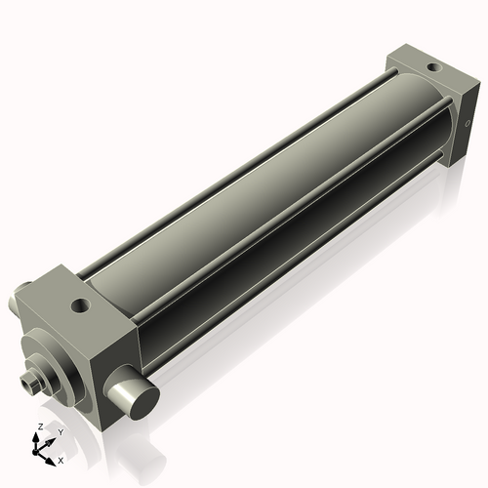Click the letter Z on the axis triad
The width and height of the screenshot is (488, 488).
[x=39, y=427]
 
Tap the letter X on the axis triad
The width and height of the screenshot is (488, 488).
[x=61, y=459]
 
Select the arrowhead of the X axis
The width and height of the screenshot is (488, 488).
[x=53, y=457]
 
